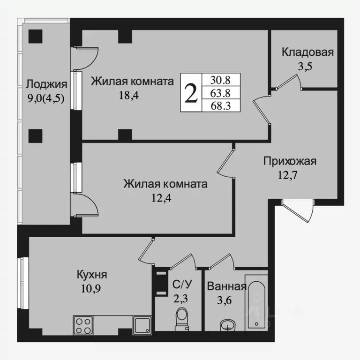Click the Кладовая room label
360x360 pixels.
click(307, 52)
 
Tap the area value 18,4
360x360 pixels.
click(130, 96)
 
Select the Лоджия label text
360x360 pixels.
click(46, 84)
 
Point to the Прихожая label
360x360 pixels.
click(290, 162)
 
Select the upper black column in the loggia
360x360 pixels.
click(34, 36)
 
